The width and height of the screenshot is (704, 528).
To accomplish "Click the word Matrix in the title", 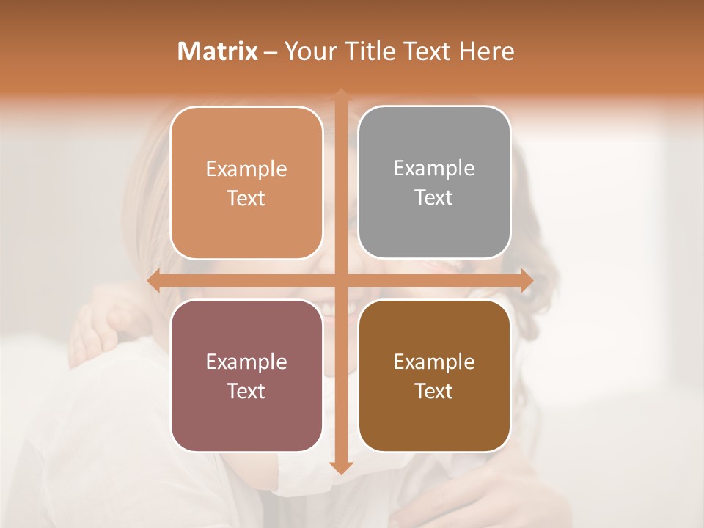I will point(218,51).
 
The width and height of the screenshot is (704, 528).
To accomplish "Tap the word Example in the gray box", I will point(434,169).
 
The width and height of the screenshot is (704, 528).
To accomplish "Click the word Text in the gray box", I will point(434,198).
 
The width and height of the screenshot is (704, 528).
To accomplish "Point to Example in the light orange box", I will point(246,169).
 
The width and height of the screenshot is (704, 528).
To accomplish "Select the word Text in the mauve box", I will point(246,391).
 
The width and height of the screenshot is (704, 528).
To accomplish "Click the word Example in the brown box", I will point(434,362).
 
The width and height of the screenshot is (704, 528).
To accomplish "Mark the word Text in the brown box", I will point(434,391).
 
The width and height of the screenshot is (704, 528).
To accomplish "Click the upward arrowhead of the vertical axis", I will point(340,95).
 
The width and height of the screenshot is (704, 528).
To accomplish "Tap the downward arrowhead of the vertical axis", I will point(340,467).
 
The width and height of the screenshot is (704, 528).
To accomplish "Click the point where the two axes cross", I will point(340,281).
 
